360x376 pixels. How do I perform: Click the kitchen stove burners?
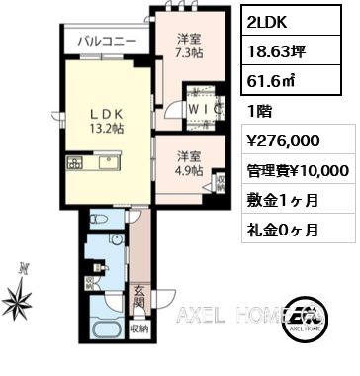[75, 163]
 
